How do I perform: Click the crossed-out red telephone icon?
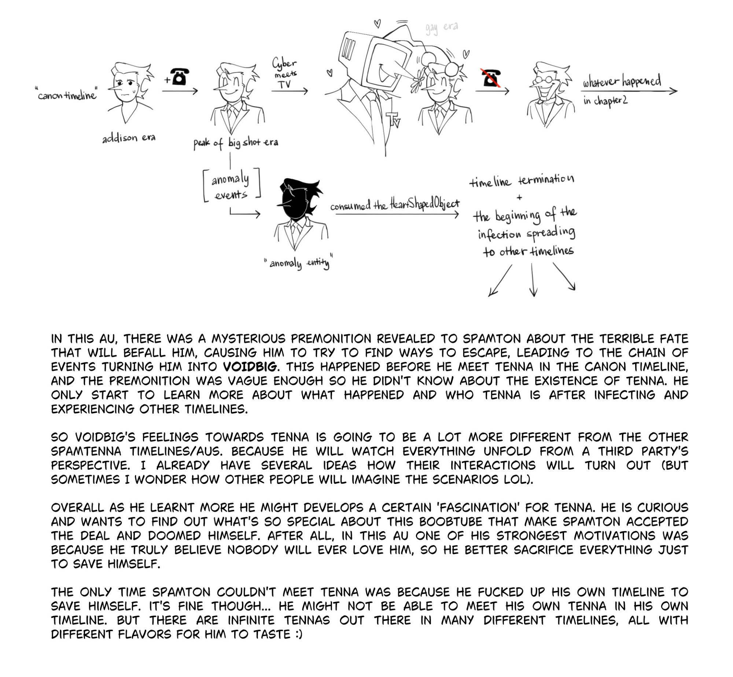(x=491, y=78)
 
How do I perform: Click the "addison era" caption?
(x=129, y=138)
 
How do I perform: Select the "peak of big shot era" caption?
(x=236, y=143)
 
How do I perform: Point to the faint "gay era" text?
(x=442, y=28)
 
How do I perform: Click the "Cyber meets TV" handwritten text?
(x=284, y=73)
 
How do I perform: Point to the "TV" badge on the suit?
(x=393, y=119)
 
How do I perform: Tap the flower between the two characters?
(x=417, y=83)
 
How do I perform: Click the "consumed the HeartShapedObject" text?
(x=395, y=204)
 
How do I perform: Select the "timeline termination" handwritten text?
(x=522, y=181)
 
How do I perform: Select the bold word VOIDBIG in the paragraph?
(x=250, y=367)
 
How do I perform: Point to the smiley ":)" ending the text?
(x=298, y=634)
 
